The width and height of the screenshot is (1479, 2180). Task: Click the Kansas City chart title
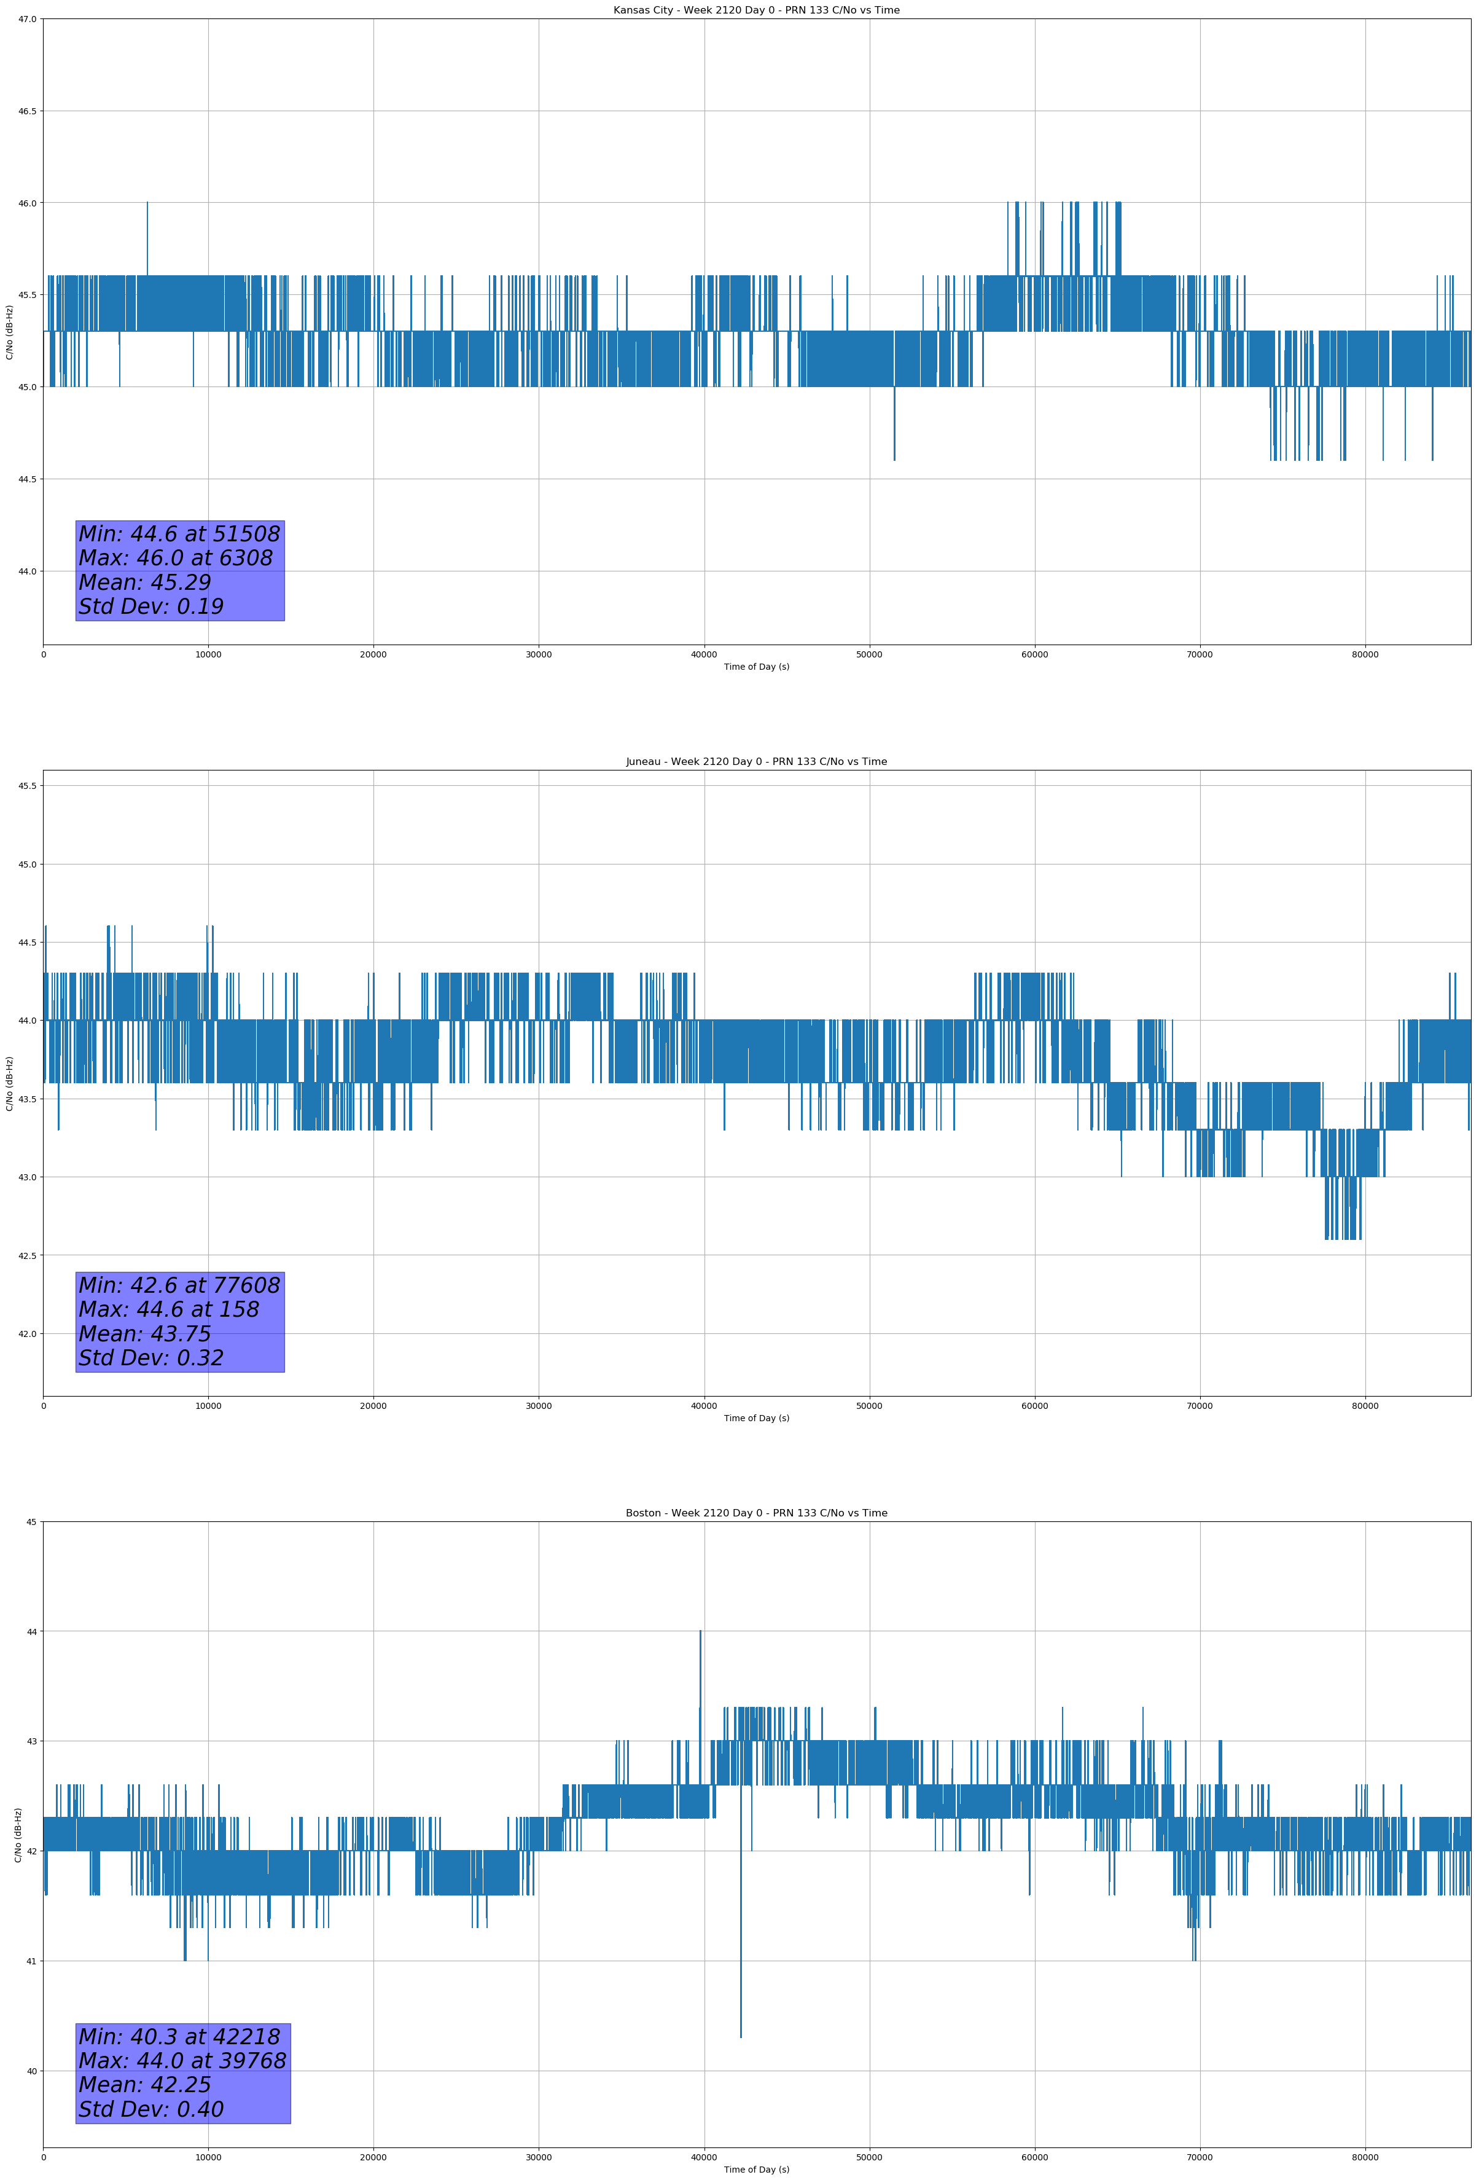(756, 10)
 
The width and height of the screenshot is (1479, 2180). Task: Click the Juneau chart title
(756, 762)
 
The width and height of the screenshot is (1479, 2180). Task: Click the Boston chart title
(756, 1513)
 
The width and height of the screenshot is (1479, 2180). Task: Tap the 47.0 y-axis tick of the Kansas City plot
(26, 19)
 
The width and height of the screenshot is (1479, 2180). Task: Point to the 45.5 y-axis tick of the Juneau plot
(26, 786)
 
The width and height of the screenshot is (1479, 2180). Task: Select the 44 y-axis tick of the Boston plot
(32, 1631)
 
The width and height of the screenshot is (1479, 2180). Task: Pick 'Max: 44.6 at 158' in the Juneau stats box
(169, 1309)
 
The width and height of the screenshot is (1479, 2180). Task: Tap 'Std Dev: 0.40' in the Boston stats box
(151, 2109)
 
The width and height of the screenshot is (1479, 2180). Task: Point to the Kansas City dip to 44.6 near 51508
(894, 458)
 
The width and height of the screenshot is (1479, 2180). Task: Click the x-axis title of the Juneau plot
(756, 1418)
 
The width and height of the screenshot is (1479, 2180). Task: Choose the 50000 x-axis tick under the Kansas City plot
(869, 655)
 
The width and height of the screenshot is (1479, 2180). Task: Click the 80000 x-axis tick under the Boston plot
(1365, 2157)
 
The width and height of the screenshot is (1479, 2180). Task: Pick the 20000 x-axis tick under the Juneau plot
(373, 1406)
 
